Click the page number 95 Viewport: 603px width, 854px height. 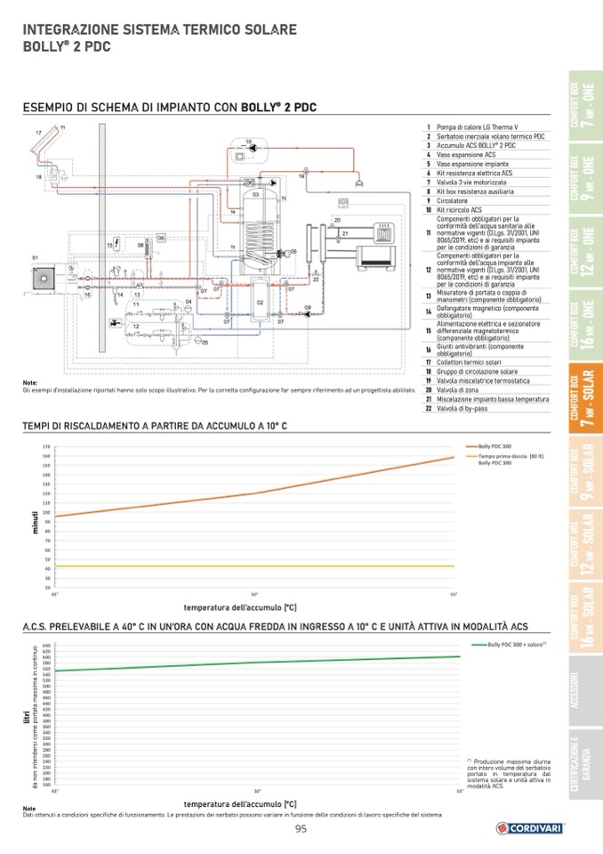[x=301, y=830]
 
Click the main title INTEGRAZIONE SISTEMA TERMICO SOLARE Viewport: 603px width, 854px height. [x=160, y=29]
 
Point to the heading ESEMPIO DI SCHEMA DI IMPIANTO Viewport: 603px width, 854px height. [x=169, y=108]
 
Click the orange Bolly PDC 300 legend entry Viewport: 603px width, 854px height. [x=494, y=445]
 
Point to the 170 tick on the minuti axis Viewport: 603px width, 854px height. [x=45, y=446]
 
